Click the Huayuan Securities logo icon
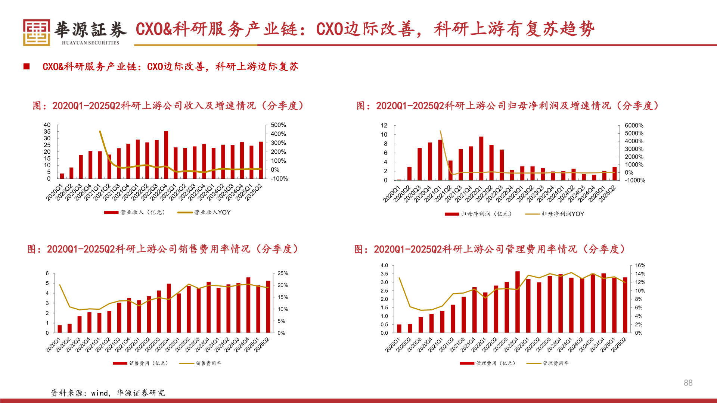(36, 32)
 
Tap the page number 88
(688, 383)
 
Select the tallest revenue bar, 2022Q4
(166, 154)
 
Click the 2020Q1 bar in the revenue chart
(62, 176)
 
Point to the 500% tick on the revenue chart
(278, 125)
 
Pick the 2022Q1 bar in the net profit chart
(481, 158)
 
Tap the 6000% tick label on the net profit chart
(634, 125)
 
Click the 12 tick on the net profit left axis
(384, 125)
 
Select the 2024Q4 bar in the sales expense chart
(248, 305)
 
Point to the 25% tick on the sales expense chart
(283, 274)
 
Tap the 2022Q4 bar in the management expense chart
(518, 302)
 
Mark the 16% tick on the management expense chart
(640, 265)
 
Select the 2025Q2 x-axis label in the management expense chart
(618, 345)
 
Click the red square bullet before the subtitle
(27, 66)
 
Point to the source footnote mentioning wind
(108, 393)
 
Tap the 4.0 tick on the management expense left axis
(384, 265)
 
